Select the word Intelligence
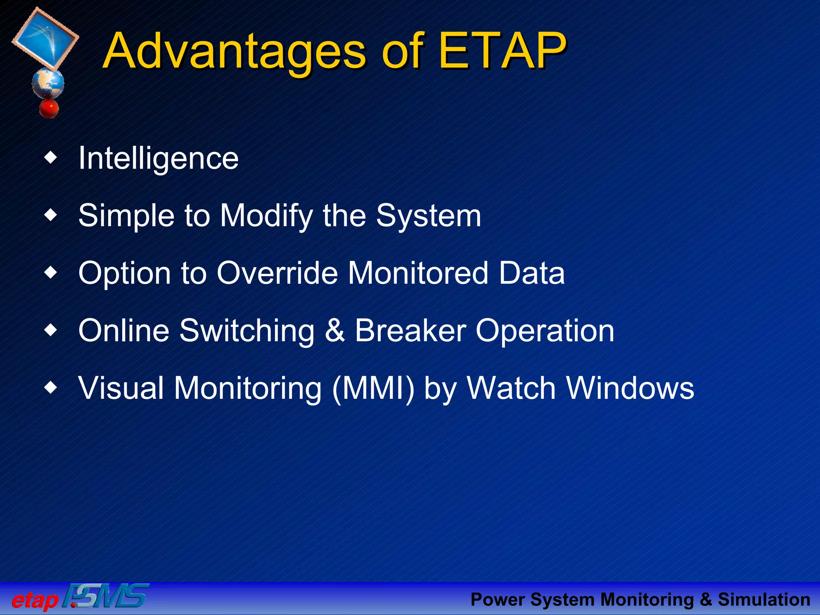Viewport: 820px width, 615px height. click(x=159, y=159)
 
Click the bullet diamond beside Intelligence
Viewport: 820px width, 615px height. click(x=51, y=158)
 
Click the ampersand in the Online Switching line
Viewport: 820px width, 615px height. click(x=335, y=331)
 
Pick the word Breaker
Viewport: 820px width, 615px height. click(x=410, y=331)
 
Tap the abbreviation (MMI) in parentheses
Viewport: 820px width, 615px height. click(x=373, y=388)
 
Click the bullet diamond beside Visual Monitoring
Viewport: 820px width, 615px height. click(x=51, y=388)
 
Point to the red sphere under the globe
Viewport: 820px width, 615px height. click(x=49, y=109)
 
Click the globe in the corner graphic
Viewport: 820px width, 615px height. click(x=48, y=83)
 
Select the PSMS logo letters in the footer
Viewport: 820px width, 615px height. click(x=107, y=597)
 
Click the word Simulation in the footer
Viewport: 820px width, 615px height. click(x=764, y=600)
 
